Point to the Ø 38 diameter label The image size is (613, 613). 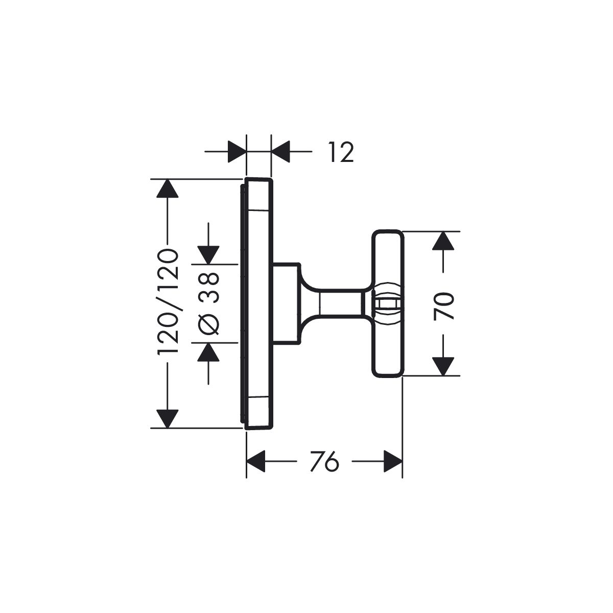[x=208, y=303]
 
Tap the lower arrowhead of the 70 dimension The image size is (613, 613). [x=443, y=366]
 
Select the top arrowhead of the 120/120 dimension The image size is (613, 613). [x=168, y=190]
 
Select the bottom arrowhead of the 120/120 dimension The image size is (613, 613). [x=168, y=418]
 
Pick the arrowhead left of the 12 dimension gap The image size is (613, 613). [x=236, y=152]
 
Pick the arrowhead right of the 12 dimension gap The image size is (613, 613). [x=281, y=152]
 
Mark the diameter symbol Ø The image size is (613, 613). [x=208, y=324]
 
